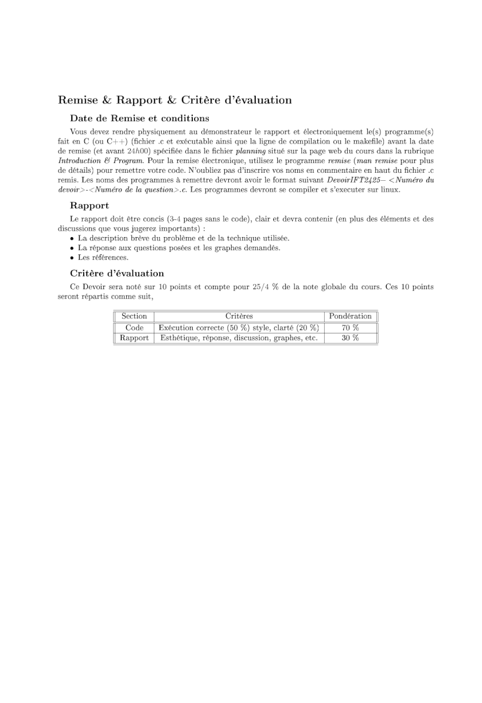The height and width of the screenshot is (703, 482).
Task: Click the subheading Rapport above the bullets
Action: coord(90,205)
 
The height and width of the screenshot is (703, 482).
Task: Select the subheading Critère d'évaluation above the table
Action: coord(116,273)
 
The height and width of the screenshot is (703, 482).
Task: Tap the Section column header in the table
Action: coord(134,316)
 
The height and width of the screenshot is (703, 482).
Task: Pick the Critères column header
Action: coord(239,316)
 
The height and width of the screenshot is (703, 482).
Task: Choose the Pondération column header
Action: coord(350,316)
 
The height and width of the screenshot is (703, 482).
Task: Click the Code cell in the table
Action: coord(134,328)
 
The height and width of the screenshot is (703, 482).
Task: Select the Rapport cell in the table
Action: coord(134,338)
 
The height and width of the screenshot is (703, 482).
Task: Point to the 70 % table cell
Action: coord(350,328)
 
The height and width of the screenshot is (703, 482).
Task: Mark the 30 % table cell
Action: coord(350,338)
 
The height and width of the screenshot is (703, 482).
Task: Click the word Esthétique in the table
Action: coord(178,338)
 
